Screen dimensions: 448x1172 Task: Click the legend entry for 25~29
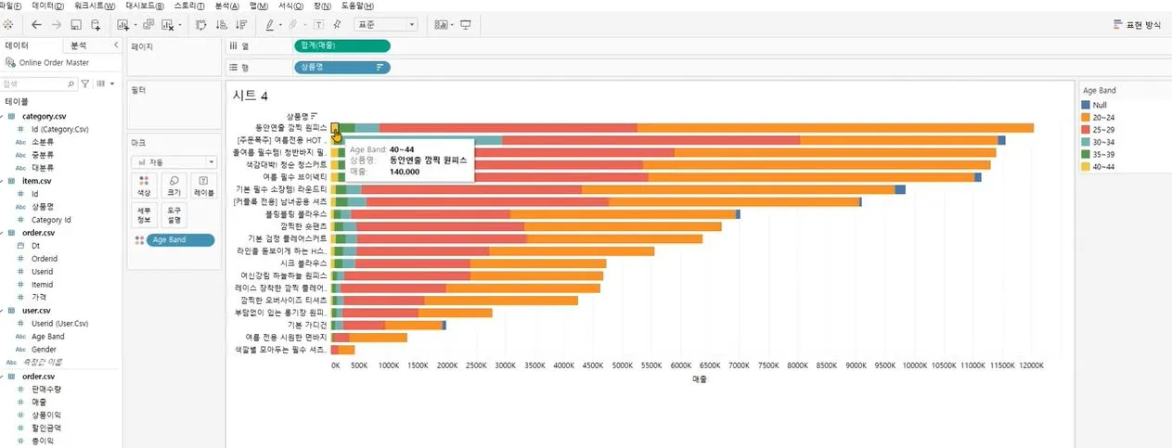(1105, 131)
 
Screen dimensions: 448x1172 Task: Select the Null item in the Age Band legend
(1100, 105)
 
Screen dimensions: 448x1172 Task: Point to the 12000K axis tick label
(1031, 366)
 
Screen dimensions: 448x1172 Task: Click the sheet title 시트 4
(251, 95)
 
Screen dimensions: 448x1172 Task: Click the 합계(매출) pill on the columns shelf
(341, 45)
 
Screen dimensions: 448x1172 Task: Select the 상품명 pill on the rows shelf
(341, 67)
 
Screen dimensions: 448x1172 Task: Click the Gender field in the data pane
(44, 349)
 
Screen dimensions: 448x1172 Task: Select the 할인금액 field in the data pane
(46, 429)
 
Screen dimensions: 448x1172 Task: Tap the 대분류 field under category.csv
(43, 169)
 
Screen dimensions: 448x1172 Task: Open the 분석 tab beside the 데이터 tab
(79, 45)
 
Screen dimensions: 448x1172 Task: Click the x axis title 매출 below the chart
(700, 380)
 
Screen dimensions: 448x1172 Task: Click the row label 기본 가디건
(308, 325)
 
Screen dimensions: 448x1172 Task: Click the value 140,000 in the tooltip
(405, 172)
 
